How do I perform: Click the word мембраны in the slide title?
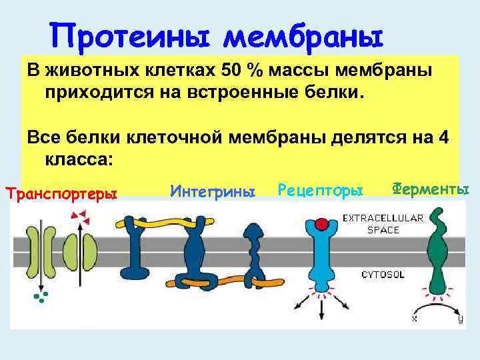(x=303, y=34)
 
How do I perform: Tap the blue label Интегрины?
(x=213, y=192)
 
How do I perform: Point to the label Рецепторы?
(x=320, y=192)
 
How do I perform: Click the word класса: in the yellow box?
(x=79, y=159)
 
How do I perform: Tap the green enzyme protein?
(x=438, y=253)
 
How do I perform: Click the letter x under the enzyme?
(x=415, y=319)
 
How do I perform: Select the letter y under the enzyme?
(x=460, y=319)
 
